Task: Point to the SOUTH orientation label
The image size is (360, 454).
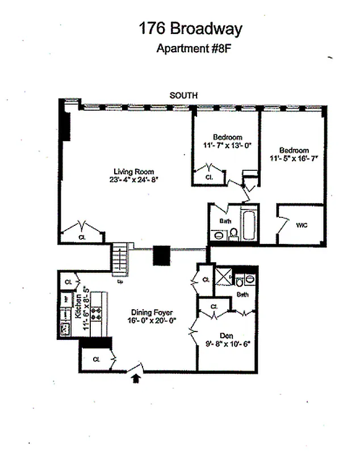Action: point(183,96)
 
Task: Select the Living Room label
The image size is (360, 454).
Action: point(133,171)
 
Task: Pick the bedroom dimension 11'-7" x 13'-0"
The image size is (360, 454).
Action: point(228,145)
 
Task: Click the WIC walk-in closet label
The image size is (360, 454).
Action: point(302,225)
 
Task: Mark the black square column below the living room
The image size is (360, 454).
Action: point(161,255)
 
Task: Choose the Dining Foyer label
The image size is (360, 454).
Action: point(152,312)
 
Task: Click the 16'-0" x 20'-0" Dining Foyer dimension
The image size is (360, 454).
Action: point(152,320)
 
